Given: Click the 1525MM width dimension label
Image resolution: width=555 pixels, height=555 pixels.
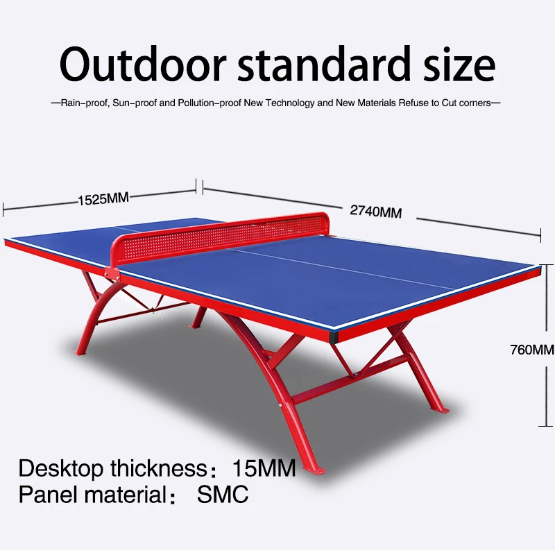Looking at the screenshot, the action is click(x=103, y=199).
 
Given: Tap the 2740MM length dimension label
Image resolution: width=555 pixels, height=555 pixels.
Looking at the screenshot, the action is click(x=376, y=212).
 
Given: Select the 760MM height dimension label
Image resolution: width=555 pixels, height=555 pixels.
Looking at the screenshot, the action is click(x=532, y=350).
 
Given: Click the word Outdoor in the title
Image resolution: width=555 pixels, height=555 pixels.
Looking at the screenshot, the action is click(x=143, y=65).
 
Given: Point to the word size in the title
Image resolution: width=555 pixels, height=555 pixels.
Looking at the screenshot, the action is click(x=459, y=65).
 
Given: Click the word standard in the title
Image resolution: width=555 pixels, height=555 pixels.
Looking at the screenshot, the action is click(x=324, y=65).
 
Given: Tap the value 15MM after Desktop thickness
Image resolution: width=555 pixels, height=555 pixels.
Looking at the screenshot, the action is click(x=264, y=468).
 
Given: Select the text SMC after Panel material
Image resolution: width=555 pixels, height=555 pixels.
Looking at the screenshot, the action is click(x=223, y=494).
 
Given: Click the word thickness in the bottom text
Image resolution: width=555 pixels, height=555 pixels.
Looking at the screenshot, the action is click(x=159, y=468).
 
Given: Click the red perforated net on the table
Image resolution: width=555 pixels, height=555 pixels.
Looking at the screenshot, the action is click(x=219, y=234).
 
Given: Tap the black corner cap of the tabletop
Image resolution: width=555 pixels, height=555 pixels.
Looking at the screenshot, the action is click(x=334, y=337).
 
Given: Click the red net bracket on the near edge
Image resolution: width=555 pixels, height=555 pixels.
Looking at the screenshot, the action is click(x=112, y=273).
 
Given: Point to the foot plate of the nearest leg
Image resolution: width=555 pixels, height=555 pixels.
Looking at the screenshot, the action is click(x=315, y=470).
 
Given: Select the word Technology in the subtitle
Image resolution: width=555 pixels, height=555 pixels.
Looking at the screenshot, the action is click(x=289, y=103).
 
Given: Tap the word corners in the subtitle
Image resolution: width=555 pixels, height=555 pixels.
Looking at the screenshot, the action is click(x=475, y=103).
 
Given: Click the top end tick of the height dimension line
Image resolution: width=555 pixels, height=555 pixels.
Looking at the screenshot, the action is click(x=545, y=264).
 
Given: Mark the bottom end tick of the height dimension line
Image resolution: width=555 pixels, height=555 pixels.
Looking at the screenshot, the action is click(x=545, y=426).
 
